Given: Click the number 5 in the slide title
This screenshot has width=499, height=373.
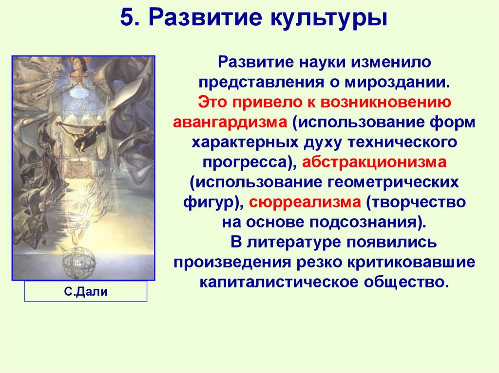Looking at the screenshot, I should tap(127, 20).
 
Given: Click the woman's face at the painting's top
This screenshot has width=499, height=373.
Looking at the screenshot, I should tap(79, 64).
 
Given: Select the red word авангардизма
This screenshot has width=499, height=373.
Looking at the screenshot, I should tap(230, 122).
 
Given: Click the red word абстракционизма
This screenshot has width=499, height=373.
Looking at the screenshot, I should tap(378, 162).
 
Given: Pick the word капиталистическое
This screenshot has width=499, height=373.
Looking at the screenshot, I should tap(282, 282).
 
